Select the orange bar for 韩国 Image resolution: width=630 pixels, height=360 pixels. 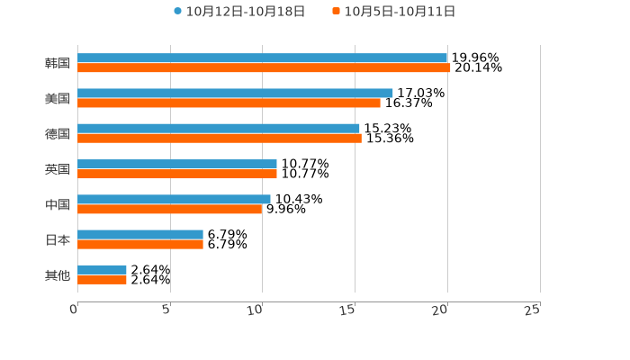point(264,67)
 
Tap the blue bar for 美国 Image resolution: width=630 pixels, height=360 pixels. point(235,93)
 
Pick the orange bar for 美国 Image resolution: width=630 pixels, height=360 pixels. point(229,103)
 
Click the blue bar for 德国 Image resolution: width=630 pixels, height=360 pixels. point(219,128)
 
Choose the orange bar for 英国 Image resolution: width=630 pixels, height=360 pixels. point(177,174)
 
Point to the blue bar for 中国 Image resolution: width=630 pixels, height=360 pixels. point(174,199)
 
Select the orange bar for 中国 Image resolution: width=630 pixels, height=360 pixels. point(170,209)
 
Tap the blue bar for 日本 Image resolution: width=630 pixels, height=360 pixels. point(140,234)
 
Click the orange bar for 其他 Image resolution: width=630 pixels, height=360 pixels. point(102,280)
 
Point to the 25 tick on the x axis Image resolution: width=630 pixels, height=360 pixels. point(533,310)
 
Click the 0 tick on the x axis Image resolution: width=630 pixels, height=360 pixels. point(74,310)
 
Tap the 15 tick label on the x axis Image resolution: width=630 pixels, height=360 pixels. point(348,310)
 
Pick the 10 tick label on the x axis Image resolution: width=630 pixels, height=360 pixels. point(256,310)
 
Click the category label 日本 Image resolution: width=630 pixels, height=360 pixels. point(58,240)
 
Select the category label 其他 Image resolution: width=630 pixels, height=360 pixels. point(58,275)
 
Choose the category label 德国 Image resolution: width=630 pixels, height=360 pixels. point(58,134)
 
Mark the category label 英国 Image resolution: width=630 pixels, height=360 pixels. point(58,169)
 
